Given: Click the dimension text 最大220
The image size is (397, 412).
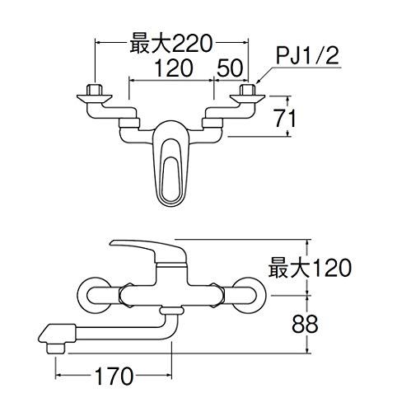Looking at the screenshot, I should point(169,43).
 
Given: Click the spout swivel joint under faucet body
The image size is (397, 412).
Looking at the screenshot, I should point(170,312).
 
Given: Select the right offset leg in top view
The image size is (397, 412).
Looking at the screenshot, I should point(217,124).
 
